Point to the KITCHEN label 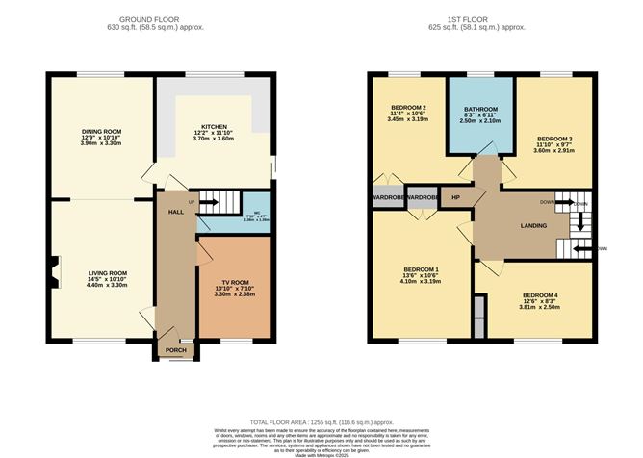pyautogui.click(x=213, y=126)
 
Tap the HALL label pyautogui.click(x=175, y=211)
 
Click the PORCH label pyautogui.click(x=175, y=350)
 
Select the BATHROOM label pyautogui.click(x=480, y=109)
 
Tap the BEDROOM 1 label pyautogui.click(x=423, y=268)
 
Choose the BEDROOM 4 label pyautogui.click(x=540, y=295)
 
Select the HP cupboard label pyautogui.click(x=455, y=198)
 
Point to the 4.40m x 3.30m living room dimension pyautogui.click(x=106, y=285)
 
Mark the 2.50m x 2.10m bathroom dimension pyautogui.click(x=480, y=121)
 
